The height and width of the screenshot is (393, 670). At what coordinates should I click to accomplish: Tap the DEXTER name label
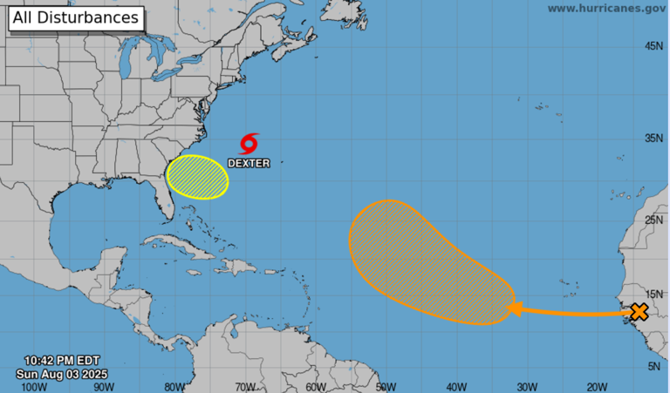point(249,163)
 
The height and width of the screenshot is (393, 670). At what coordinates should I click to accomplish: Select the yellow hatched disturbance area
point(197,178)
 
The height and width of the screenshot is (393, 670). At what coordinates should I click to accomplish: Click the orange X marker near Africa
point(639,311)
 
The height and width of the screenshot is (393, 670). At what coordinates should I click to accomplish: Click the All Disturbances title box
point(75,17)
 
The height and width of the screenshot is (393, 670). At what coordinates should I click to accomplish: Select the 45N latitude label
point(654,46)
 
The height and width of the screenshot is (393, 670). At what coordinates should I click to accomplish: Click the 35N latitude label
point(654,139)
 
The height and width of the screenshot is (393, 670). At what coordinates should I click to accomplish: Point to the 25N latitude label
point(654,220)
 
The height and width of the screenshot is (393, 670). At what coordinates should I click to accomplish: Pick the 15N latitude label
point(654,295)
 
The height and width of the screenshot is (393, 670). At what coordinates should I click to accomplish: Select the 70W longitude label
point(245,386)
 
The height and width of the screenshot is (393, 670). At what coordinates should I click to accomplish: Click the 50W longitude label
point(386,386)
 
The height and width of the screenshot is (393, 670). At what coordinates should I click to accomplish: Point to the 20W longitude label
point(597,386)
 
